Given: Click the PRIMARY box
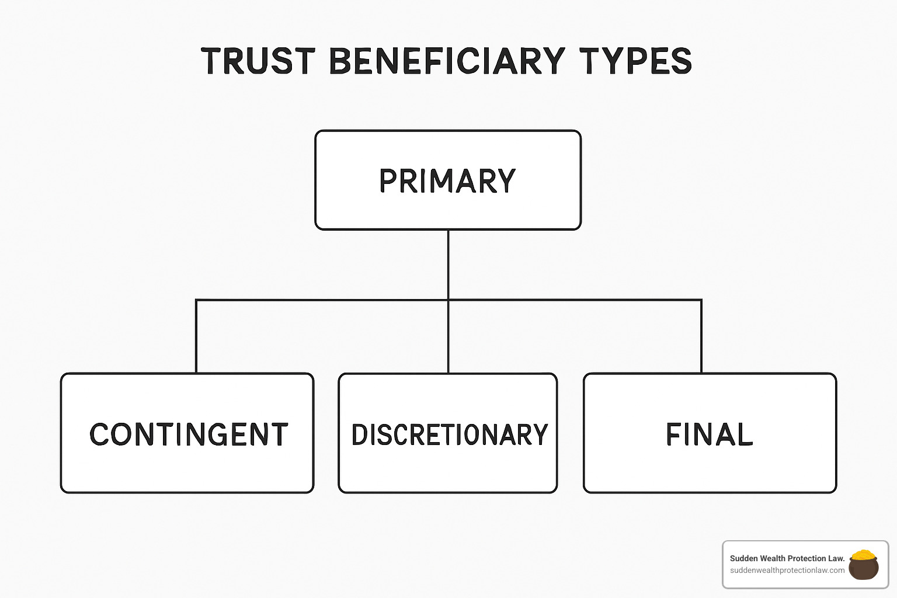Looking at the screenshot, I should (448, 180).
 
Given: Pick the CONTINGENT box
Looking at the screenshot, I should (187, 433).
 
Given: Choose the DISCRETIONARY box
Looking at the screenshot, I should (448, 433).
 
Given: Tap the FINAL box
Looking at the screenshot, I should (710, 433).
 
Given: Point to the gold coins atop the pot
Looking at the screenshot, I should (863, 555).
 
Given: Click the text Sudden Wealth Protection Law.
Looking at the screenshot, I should (787, 558).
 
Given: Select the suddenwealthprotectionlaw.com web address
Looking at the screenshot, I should (787, 570).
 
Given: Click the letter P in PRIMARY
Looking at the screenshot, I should (388, 180).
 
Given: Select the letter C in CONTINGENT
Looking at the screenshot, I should (100, 434).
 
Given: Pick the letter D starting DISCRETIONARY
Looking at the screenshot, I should (359, 435).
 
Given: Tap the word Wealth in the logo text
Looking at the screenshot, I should (772, 558).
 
